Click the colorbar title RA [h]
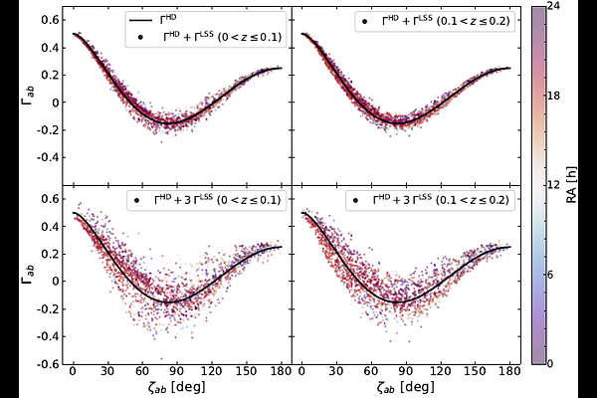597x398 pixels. (x=572, y=185)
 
